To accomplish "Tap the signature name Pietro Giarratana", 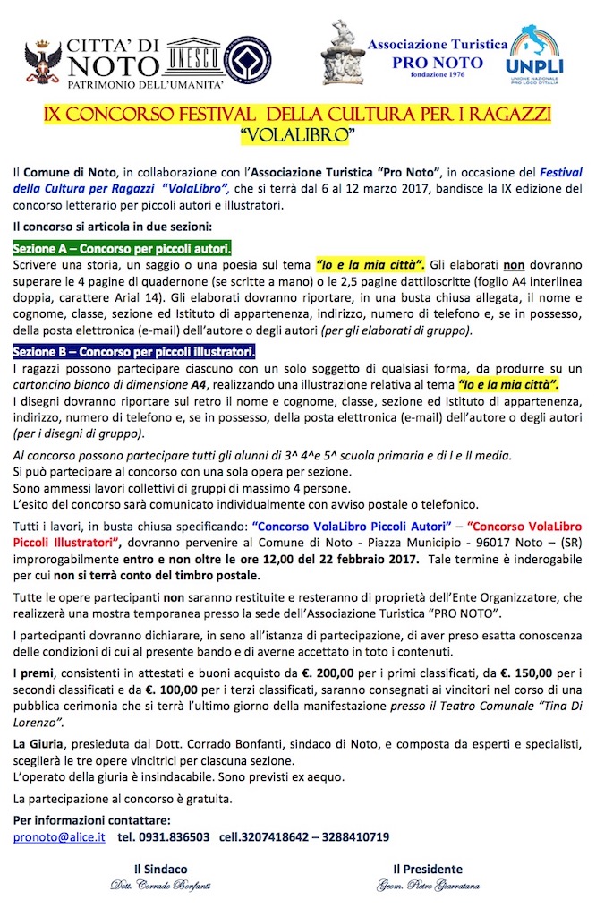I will point(428,886).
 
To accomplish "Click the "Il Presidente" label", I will point(428,869).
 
